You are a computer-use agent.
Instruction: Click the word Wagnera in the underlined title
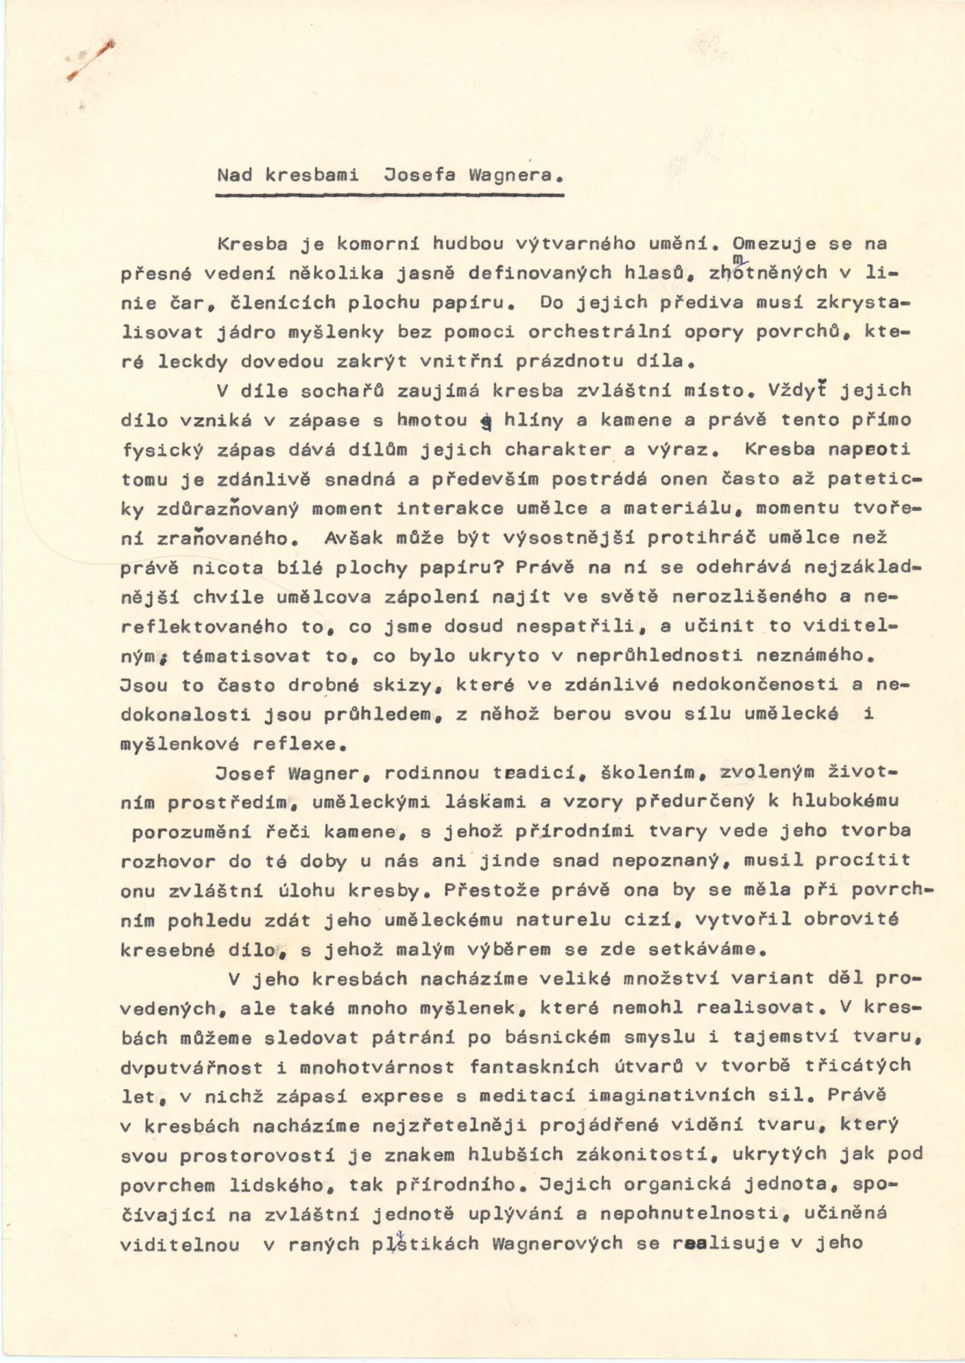(x=510, y=176)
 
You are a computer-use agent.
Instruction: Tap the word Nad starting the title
(x=235, y=176)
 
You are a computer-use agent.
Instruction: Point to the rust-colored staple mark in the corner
(x=91, y=60)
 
